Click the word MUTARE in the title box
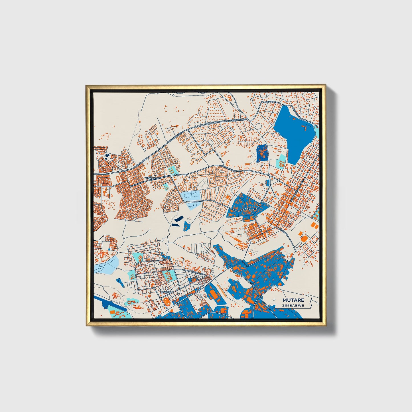click(x=293, y=300)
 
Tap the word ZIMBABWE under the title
click(x=293, y=305)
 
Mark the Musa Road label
click(x=198, y=273)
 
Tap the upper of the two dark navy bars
click(x=178, y=219)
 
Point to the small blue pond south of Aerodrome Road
click(x=267, y=182)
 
